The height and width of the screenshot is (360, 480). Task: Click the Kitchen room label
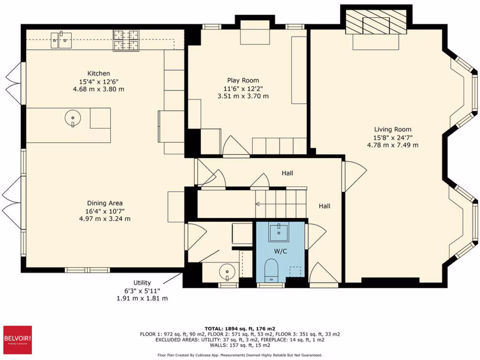pyautogui.click(x=98, y=73)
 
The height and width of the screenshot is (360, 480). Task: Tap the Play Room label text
pyautogui.click(x=243, y=80)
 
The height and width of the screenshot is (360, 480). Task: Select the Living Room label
pyautogui.click(x=392, y=129)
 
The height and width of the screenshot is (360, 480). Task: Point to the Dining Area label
pyautogui.click(x=105, y=203)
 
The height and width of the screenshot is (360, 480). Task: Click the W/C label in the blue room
pyautogui.click(x=280, y=251)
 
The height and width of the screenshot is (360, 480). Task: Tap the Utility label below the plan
pyautogui.click(x=142, y=283)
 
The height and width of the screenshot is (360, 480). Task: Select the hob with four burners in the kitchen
pyautogui.click(x=127, y=39)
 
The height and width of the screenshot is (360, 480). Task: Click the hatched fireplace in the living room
pyautogui.click(x=376, y=22)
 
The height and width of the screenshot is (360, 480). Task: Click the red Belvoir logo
pyautogui.click(x=18, y=339)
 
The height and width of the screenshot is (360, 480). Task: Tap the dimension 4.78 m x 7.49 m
pyautogui.click(x=392, y=145)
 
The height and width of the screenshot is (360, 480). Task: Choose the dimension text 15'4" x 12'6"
pyautogui.click(x=98, y=81)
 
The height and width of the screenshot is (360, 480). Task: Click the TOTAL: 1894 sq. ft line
pyautogui.click(x=240, y=328)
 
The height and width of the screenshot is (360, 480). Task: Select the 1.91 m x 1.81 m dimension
pyautogui.click(x=142, y=298)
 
